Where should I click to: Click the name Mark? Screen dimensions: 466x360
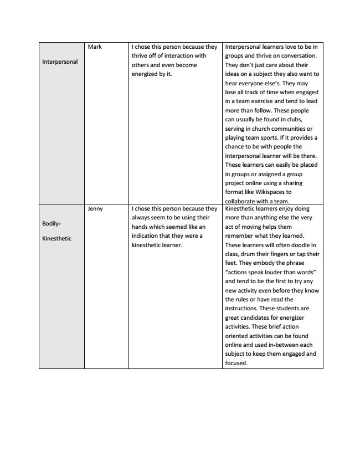pyautogui.click(x=95, y=47)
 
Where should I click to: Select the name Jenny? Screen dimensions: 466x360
pyautogui.click(x=96, y=209)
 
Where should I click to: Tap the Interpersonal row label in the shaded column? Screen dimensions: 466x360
pyautogui.click(x=60, y=62)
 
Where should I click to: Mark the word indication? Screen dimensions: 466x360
pyautogui.click(x=150, y=235)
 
